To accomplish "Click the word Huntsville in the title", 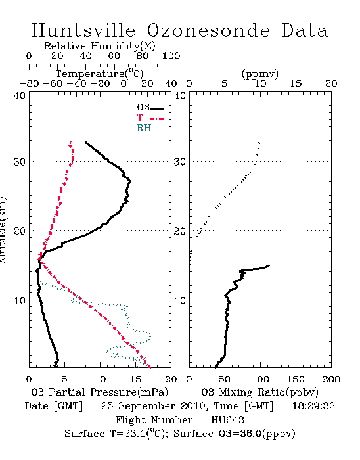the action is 83,30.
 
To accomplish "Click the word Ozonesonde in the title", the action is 208,30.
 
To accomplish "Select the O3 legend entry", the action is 150,107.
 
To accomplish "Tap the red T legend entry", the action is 150,118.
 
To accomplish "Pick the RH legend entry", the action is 150,128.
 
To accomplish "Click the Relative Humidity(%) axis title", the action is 100,46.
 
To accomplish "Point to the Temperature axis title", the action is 100,74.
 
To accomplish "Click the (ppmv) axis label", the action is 260,74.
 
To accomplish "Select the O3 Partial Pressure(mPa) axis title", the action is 100,392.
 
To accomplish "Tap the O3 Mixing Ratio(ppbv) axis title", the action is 259,392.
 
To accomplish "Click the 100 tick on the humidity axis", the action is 171,56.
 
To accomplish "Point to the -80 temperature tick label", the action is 29,83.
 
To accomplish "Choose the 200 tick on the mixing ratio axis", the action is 331,379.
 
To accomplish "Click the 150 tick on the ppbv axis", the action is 296,379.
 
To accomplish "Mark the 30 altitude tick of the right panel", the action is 180,162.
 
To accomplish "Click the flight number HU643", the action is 227,420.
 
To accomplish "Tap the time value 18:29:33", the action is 313,406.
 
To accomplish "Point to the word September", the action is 147,407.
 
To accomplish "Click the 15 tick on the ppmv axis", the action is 296,83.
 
